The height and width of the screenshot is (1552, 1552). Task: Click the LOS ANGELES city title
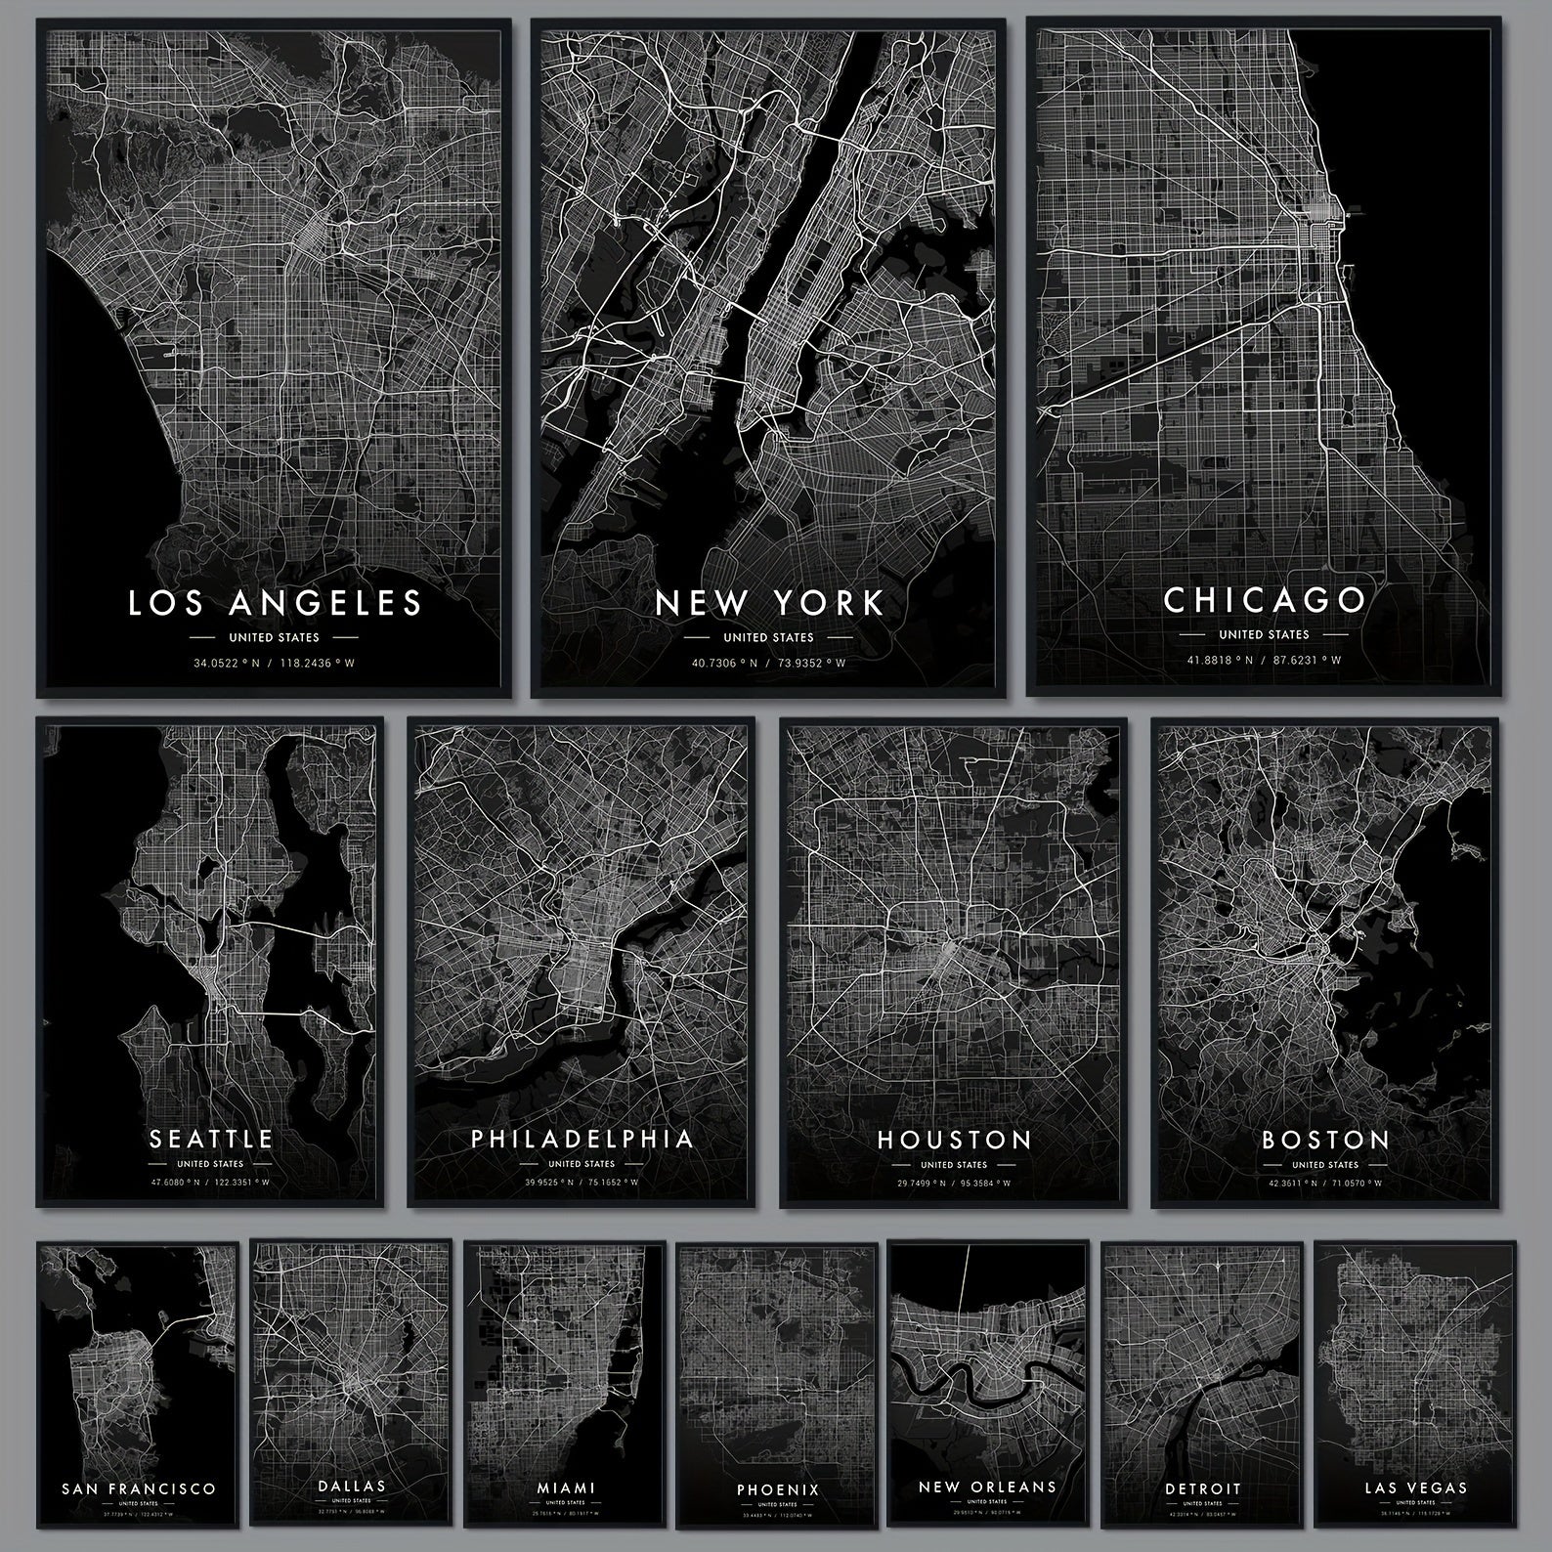pos(275,602)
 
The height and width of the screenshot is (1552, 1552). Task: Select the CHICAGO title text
pos(1264,599)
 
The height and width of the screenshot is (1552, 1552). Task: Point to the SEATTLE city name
pos(210,1139)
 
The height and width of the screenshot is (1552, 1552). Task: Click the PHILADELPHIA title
pos(582,1139)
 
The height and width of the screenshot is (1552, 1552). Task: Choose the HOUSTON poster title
pos(954,1140)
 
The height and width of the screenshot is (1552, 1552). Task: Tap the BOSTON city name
pos(1325,1140)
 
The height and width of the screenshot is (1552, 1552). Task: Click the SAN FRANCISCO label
pos(138,1488)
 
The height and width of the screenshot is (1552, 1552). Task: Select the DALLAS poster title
pos(352,1486)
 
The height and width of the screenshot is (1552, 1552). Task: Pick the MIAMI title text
pos(566,1487)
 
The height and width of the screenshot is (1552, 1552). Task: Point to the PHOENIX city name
pos(778,1489)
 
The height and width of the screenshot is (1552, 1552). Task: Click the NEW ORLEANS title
pos(988,1487)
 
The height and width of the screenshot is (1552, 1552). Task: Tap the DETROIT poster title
pos(1202,1488)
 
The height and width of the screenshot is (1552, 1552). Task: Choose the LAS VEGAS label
pos(1415,1487)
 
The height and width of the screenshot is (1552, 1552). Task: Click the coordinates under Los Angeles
pos(275,663)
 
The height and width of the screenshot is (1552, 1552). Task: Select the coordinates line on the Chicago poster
pos(1264,660)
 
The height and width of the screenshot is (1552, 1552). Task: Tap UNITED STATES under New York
pos(768,637)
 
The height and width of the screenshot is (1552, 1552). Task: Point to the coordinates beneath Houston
pos(954,1184)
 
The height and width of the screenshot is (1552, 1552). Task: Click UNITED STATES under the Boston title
pos(1325,1165)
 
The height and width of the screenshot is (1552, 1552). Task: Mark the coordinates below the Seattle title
pos(210,1183)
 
